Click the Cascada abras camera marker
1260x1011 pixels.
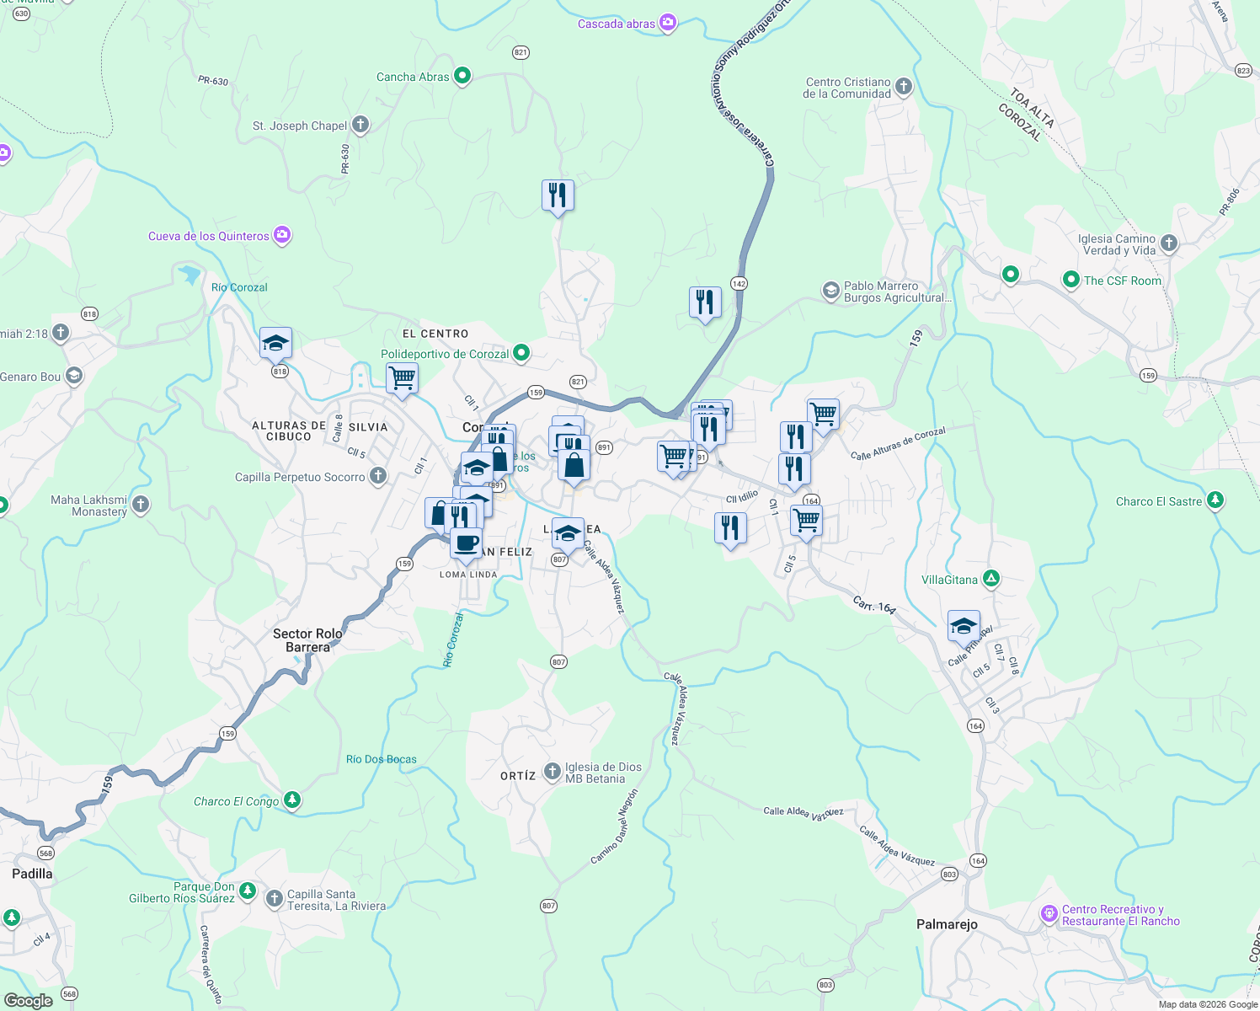click(667, 23)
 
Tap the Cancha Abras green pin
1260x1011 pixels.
click(462, 76)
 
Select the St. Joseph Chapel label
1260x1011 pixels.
click(300, 126)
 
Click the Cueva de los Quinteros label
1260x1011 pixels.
click(209, 236)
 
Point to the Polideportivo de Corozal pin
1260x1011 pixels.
click(521, 353)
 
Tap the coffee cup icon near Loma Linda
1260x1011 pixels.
click(466, 543)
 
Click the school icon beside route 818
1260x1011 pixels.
click(275, 342)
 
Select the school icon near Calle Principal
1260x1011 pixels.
click(964, 626)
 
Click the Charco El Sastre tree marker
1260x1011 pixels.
click(1215, 500)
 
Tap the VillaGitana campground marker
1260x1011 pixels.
click(991, 579)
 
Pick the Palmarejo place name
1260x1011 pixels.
click(947, 924)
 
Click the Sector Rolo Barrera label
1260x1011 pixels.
click(307, 640)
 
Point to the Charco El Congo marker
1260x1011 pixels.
click(291, 800)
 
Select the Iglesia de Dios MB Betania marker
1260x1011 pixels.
click(552, 771)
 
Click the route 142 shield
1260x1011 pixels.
click(739, 283)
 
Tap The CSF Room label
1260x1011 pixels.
click(1122, 281)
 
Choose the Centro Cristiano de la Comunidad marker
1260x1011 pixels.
click(903, 86)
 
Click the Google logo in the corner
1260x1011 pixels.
click(28, 1000)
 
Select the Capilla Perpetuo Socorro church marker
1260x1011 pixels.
click(378, 476)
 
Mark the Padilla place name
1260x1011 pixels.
click(32, 874)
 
